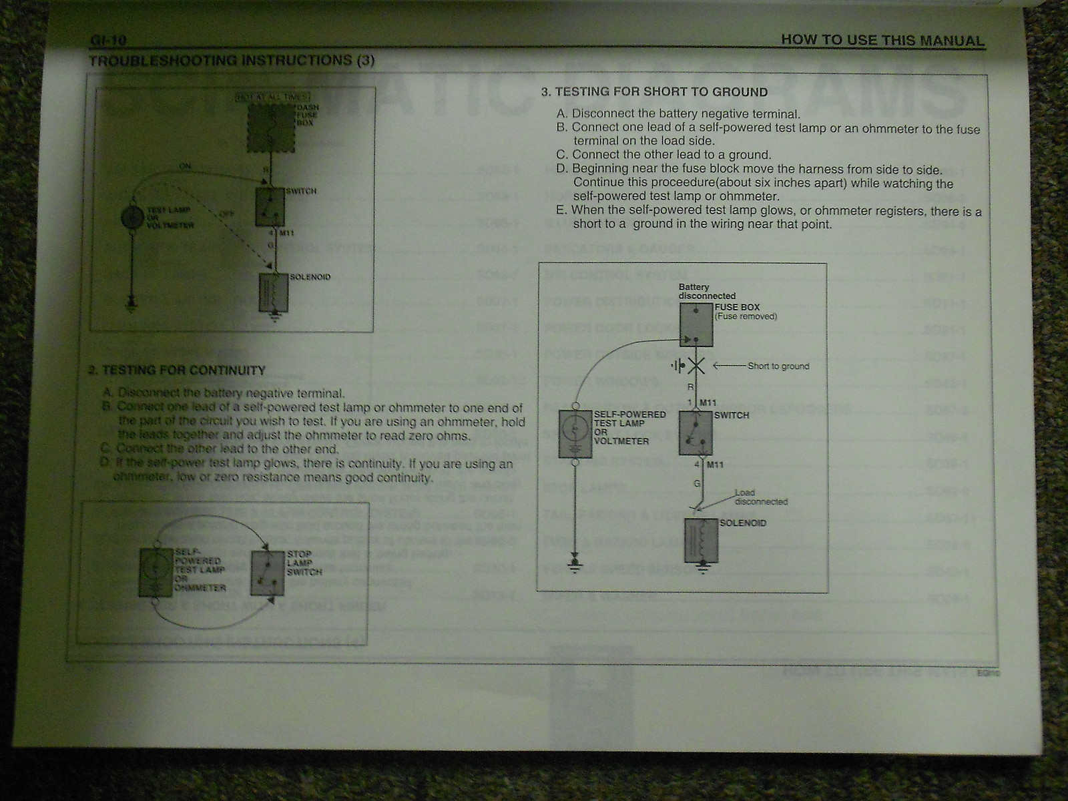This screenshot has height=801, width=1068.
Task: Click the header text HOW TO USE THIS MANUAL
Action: (882, 40)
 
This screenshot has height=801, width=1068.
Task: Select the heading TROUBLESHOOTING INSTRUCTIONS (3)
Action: (232, 61)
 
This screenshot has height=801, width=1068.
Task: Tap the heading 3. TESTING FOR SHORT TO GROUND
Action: (654, 92)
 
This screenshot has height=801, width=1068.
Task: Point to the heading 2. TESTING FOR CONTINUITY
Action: (177, 370)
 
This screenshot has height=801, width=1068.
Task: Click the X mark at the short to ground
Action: (696, 366)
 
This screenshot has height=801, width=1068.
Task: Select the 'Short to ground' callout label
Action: (778, 366)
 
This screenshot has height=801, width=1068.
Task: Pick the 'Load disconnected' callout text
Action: (752, 497)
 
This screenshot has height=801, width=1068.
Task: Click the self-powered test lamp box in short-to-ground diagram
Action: (575, 433)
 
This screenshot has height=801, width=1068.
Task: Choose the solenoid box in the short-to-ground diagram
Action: (698, 539)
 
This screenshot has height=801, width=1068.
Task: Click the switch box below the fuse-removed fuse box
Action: (696, 433)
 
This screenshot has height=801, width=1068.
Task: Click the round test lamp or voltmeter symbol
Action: (132, 218)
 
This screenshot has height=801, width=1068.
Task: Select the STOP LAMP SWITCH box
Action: (267, 573)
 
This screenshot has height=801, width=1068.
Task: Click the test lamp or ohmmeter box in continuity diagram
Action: (156, 572)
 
